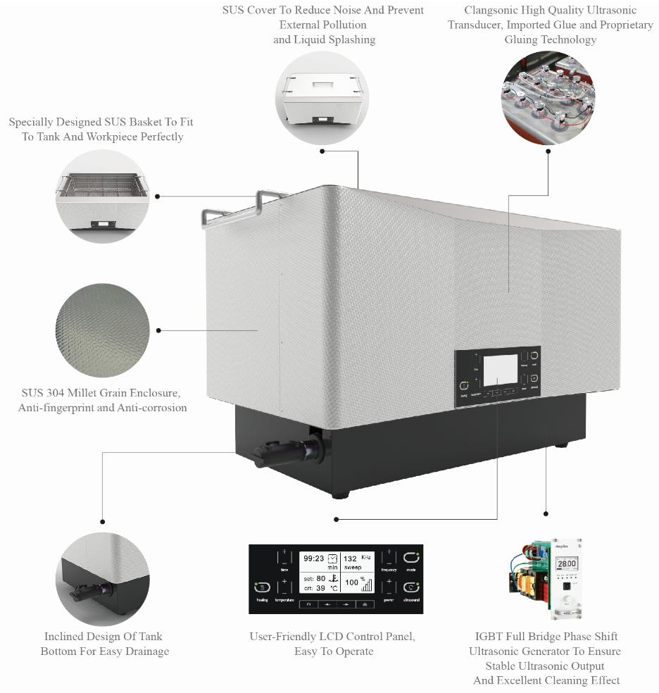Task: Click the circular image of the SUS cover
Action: point(322,97)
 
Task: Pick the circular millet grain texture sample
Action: point(103,330)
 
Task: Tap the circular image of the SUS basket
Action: point(103,196)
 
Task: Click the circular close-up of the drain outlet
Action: point(103,579)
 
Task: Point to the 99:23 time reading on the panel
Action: point(313,558)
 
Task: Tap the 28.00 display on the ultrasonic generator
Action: point(566,564)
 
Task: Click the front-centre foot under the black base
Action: point(340,495)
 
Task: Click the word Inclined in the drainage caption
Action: point(65,637)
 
